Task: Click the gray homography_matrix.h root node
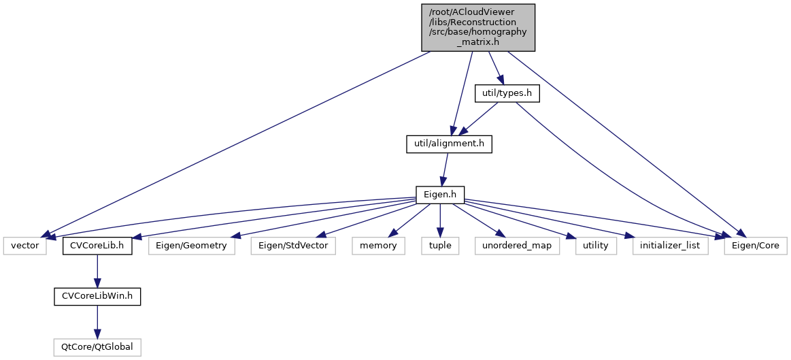pos(478,27)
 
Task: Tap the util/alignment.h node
pos(448,144)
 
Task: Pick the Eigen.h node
pos(439,195)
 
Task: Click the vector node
pos(25,246)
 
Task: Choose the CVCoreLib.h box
pos(97,246)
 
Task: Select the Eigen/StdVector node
pos(293,246)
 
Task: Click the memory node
pos(378,246)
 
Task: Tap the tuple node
pos(439,246)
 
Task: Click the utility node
pos(595,246)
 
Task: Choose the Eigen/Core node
pos(755,246)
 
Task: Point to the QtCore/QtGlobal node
pos(97,348)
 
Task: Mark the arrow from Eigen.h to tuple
pos(439,220)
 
